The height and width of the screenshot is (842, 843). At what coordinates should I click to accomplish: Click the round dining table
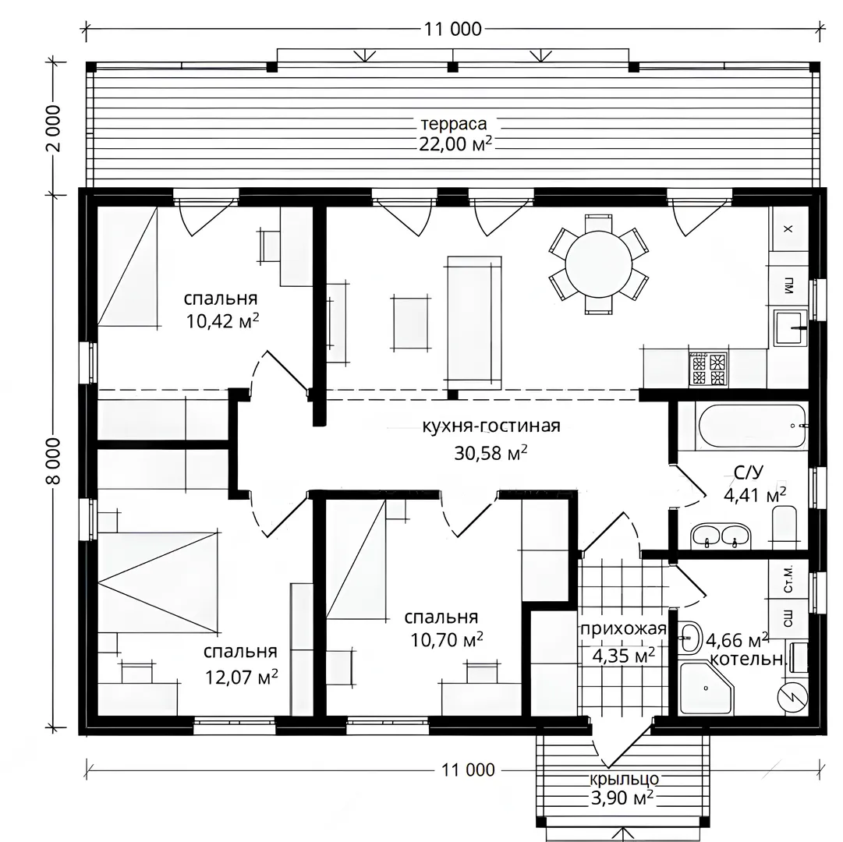point(598,264)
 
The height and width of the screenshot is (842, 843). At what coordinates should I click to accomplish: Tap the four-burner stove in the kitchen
point(708,369)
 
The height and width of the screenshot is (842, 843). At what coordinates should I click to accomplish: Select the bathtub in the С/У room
point(753,426)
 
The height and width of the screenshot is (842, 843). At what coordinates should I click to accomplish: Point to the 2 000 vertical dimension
point(54,128)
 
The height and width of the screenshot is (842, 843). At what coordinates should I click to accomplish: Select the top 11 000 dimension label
point(452,29)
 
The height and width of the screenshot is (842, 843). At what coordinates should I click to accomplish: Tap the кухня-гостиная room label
point(491,426)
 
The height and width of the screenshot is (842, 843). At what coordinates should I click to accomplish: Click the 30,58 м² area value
point(491,453)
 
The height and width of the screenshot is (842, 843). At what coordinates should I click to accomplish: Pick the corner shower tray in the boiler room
point(706,688)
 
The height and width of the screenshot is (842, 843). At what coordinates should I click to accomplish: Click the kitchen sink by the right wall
point(790,327)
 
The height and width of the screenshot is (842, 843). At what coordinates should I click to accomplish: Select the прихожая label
point(623,629)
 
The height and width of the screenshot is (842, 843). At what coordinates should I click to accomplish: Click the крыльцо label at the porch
point(624,779)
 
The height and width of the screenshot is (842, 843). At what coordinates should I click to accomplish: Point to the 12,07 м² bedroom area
point(242,677)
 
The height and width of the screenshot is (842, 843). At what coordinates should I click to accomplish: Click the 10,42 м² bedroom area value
point(222,320)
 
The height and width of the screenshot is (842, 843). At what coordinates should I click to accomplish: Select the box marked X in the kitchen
point(788,229)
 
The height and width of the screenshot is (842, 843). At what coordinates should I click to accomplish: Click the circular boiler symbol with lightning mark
point(792,698)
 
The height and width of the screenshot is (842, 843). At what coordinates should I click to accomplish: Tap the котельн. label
point(748,660)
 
